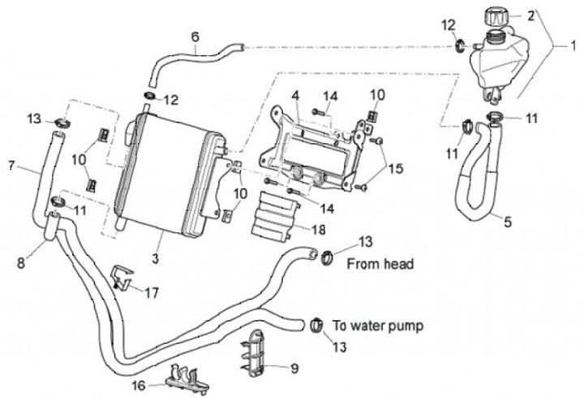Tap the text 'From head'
coord(380,264)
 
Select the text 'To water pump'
coord(378,326)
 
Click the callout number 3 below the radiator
coord(155,257)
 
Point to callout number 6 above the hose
coord(195,37)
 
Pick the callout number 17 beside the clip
coord(152,292)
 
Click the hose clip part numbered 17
coord(122,277)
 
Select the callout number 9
coord(294,369)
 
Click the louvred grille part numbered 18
coord(275,216)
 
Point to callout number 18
coord(319,230)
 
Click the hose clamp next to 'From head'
coord(326,257)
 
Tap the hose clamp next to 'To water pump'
coord(316,325)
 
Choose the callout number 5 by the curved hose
coord(508,222)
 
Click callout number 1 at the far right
coord(573,45)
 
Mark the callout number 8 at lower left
coord(21,263)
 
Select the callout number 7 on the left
coord(11,165)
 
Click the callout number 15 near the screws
coord(396,168)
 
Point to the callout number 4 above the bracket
coord(295,96)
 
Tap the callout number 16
coord(139,385)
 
